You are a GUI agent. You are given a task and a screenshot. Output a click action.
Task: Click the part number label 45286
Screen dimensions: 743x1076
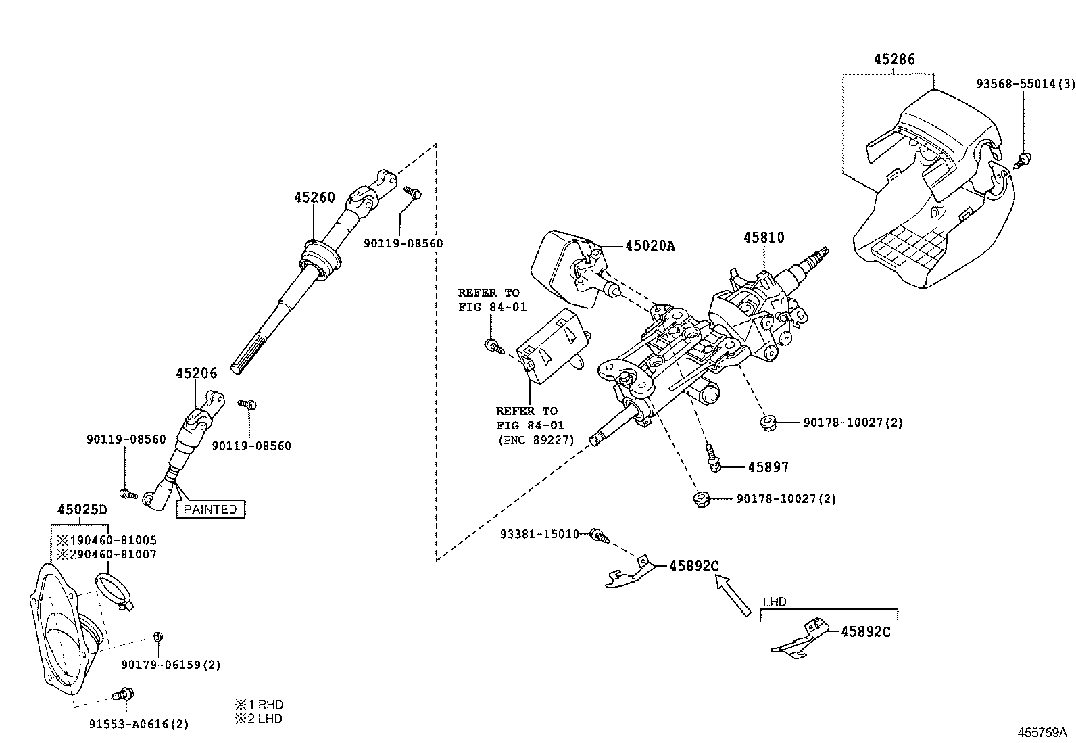click(x=894, y=60)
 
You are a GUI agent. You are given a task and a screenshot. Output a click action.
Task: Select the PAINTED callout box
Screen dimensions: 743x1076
click(x=210, y=509)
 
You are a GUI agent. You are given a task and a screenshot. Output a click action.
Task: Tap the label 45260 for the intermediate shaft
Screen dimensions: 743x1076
click(x=314, y=198)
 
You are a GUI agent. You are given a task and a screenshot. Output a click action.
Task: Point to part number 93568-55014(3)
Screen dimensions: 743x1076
click(x=1025, y=84)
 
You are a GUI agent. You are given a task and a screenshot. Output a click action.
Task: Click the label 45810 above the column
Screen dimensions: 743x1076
click(x=764, y=238)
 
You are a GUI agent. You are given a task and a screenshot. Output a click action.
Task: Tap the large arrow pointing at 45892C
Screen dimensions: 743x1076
click(x=734, y=595)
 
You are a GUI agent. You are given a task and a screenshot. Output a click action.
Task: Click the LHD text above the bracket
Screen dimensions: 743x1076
click(x=774, y=602)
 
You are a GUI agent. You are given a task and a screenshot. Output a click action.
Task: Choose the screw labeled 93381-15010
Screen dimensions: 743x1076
click(x=599, y=535)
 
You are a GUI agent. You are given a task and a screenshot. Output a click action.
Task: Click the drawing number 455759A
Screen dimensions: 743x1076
click(x=1042, y=732)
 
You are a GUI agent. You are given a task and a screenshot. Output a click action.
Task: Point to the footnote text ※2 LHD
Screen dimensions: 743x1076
click(x=258, y=719)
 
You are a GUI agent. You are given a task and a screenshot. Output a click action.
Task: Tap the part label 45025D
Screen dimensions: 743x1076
click(x=82, y=509)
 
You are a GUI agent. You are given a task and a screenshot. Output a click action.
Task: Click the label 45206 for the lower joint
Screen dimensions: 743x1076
click(x=197, y=373)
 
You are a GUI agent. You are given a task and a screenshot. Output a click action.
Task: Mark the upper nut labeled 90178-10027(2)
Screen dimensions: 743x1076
click(x=767, y=424)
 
